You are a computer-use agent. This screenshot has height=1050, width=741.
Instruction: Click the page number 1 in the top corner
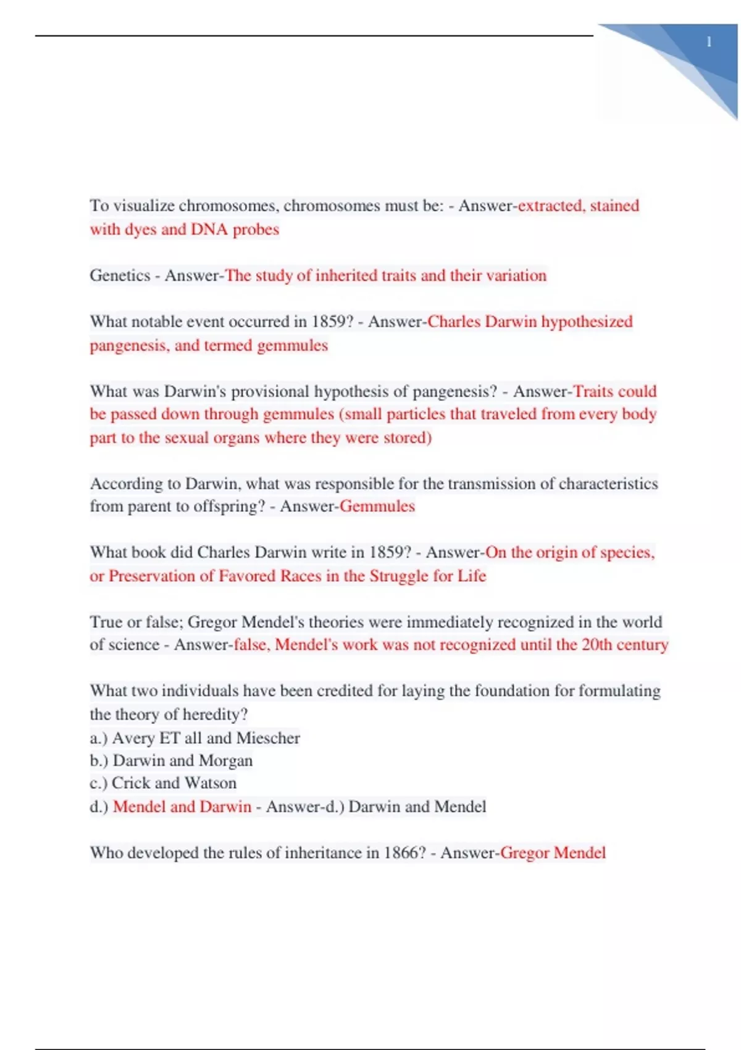pos(709,42)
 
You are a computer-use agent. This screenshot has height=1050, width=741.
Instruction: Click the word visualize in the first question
pos(144,206)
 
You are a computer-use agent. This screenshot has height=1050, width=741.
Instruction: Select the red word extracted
pos(550,206)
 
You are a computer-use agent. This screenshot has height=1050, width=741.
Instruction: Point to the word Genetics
pos(120,275)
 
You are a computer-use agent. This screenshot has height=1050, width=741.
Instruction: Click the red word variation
pos(516,275)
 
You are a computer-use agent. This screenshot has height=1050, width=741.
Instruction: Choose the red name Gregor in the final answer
pos(524,853)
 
